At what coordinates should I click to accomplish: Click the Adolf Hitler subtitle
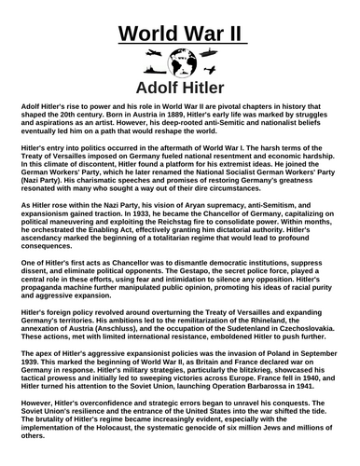click(x=181, y=89)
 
